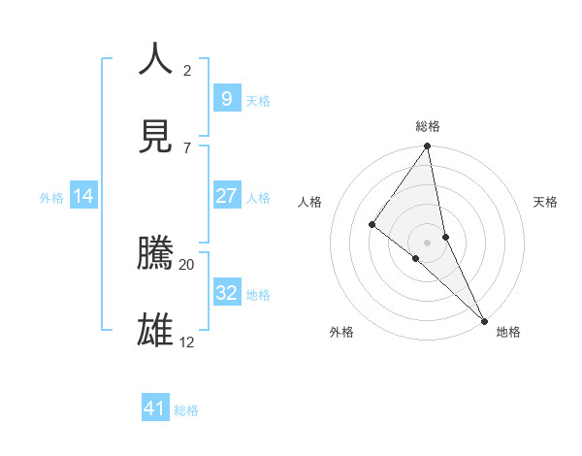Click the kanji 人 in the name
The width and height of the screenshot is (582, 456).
click(x=156, y=58)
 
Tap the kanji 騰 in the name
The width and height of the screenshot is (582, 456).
click(x=156, y=252)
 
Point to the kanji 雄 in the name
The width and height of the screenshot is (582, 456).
click(x=156, y=330)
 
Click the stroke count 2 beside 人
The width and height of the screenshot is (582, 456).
click(x=187, y=71)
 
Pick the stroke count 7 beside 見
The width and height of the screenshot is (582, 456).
click(x=187, y=148)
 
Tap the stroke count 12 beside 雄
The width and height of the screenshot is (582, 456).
click(x=187, y=342)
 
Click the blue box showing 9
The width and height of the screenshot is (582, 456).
click(x=226, y=98)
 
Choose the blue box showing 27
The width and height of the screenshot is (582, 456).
click(x=226, y=196)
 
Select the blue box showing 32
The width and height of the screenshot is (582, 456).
click(x=226, y=292)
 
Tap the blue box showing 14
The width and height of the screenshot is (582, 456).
click(x=83, y=196)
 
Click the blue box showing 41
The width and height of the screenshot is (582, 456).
click(x=155, y=408)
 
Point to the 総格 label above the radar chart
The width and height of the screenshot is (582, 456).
click(x=428, y=126)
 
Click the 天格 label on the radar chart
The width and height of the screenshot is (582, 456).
click(x=546, y=202)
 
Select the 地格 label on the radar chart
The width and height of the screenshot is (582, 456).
click(x=508, y=333)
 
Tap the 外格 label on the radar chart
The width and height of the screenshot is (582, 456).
click(x=341, y=333)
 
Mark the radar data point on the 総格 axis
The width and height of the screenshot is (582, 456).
click(x=427, y=147)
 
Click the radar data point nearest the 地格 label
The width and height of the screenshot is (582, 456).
click(x=483, y=319)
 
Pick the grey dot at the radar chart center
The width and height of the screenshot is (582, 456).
click(x=427, y=242)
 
